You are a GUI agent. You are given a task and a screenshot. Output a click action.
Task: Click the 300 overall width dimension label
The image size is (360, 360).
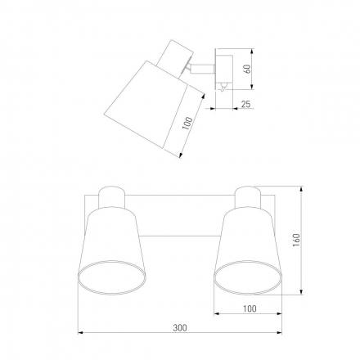(x=180, y=327)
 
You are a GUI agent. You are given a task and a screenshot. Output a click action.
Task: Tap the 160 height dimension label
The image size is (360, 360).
(x=296, y=241)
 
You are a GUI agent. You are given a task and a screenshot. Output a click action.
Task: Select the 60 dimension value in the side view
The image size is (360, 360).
(x=247, y=69)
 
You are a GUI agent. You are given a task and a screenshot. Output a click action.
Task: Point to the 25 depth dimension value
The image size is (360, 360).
(x=245, y=104)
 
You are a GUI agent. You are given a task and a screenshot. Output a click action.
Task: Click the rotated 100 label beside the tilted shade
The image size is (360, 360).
(x=187, y=124)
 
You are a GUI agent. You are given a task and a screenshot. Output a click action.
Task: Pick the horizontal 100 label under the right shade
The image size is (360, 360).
(x=250, y=308)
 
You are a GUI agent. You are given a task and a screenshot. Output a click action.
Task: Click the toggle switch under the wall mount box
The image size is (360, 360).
(x=223, y=88)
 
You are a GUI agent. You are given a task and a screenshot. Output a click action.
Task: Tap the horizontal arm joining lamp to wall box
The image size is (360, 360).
(x=202, y=69)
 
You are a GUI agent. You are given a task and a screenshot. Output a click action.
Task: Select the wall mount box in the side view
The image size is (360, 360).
(x=224, y=69)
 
